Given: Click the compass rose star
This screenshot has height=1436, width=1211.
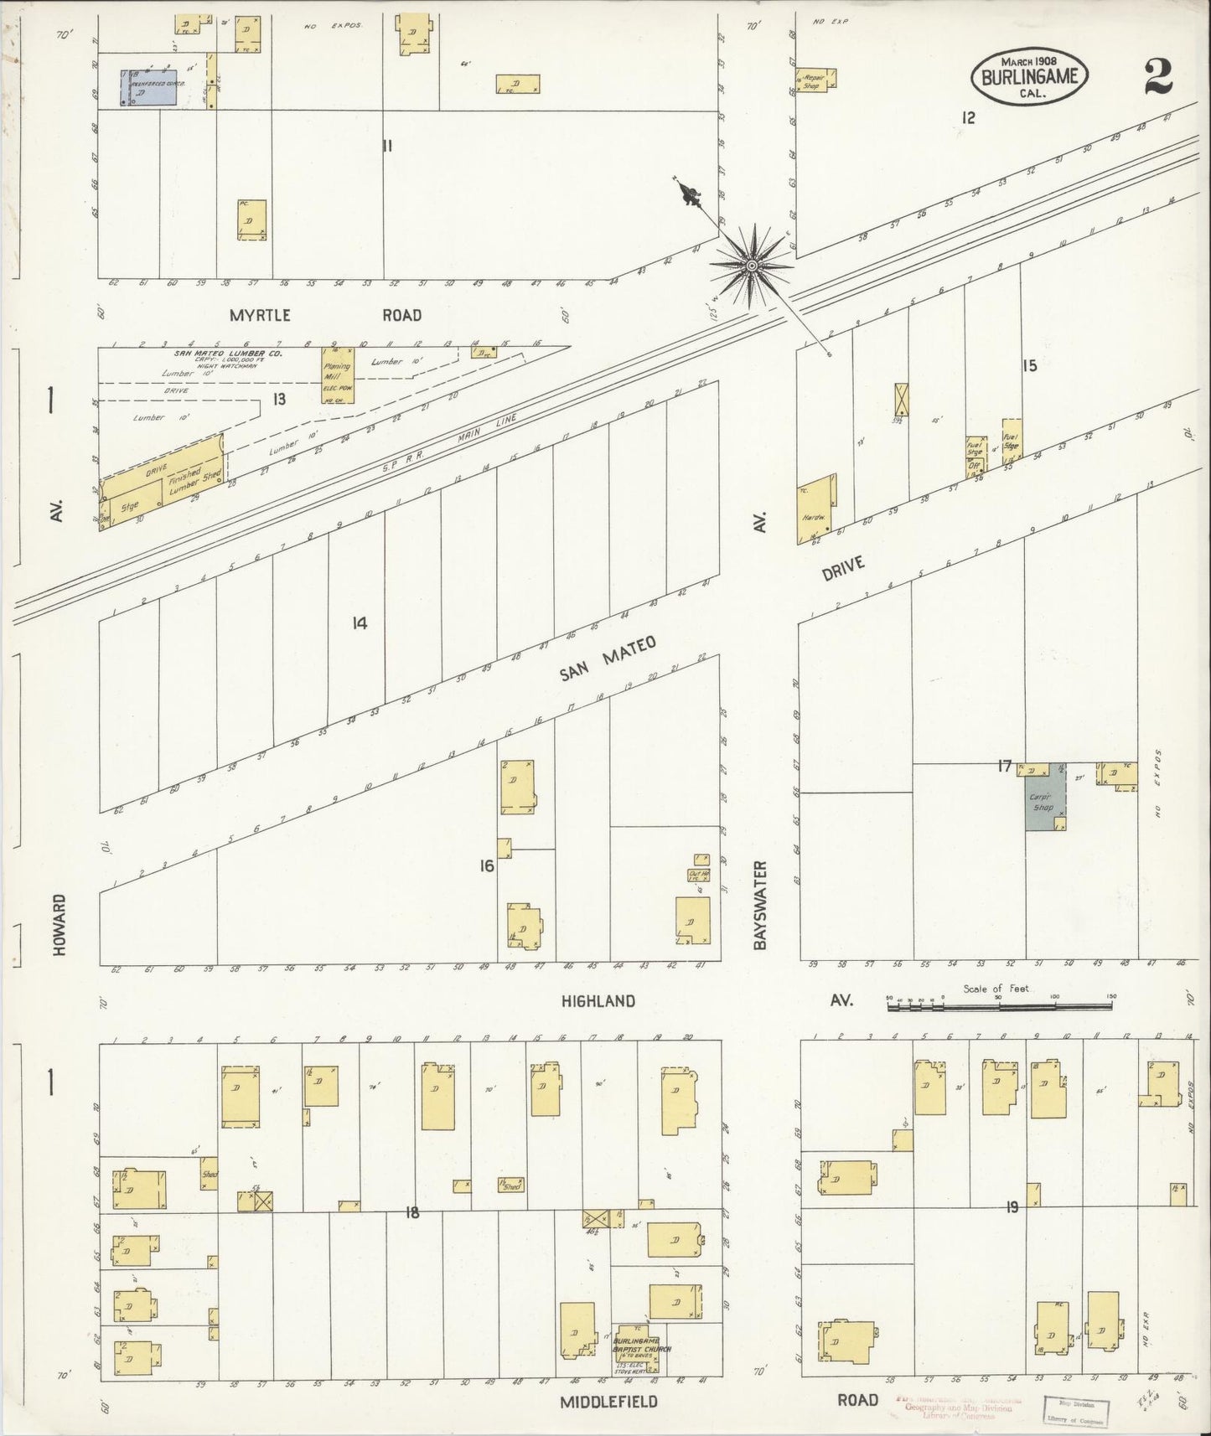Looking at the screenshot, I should coord(752,266).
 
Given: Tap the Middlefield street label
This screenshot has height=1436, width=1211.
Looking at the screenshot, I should coord(596,1402).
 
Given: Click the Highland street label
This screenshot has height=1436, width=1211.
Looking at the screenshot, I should coord(598,1001).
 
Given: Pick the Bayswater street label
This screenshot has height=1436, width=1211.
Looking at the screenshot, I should coord(760,905).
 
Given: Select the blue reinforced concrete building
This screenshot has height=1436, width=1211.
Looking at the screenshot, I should coord(149,88).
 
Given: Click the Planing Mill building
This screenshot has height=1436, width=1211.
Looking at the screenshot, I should coord(338,374).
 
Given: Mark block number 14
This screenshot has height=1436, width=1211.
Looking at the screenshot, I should coord(360,622).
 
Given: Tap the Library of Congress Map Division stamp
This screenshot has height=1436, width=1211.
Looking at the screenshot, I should coord(1075,1410).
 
